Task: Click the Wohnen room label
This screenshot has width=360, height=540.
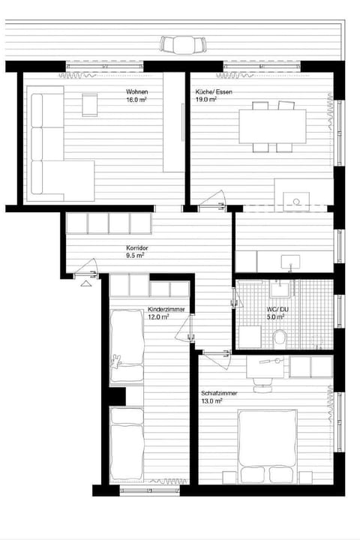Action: click(x=137, y=92)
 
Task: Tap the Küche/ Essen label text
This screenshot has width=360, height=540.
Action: click(x=214, y=92)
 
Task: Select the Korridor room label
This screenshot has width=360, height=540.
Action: click(x=137, y=248)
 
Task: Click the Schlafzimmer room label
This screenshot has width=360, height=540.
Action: click(x=220, y=393)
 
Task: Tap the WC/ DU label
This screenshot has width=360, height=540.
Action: click(x=277, y=309)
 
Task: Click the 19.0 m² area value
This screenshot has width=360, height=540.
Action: click(x=206, y=100)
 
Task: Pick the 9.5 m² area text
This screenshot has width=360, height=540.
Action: click(x=135, y=256)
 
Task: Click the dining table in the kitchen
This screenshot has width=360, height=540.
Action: click(x=272, y=127)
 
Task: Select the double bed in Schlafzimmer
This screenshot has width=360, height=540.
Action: click(x=268, y=446)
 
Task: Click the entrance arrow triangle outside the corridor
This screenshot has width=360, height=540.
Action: click(x=85, y=283)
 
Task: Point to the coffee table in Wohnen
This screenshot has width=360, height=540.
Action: click(x=89, y=105)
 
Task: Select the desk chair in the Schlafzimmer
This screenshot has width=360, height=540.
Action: click(x=263, y=385)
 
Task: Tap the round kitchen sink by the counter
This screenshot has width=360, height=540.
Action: click(x=296, y=201)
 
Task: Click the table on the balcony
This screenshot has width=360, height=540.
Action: click(x=183, y=45)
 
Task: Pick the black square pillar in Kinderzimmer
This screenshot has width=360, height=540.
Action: click(x=118, y=397)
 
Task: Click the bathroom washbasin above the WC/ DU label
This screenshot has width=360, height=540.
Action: click(x=280, y=289)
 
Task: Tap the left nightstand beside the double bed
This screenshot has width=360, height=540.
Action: click(x=229, y=477)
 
